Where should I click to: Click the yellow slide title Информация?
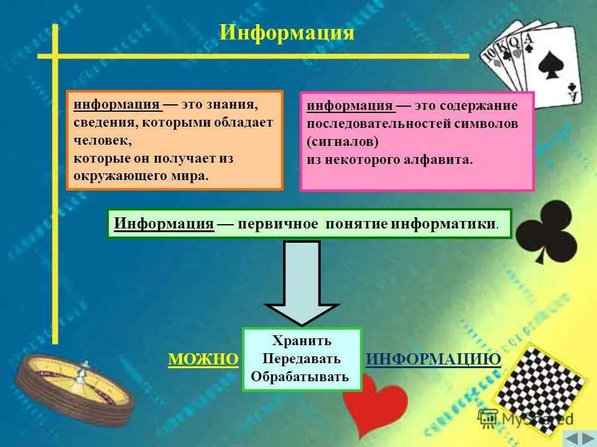coord(287,32)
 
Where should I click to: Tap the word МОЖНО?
coord(203,359)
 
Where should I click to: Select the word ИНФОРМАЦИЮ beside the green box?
coord(433,359)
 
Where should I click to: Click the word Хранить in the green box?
coord(302,341)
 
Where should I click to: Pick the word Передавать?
coord(302,359)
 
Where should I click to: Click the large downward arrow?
coord(302,282)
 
